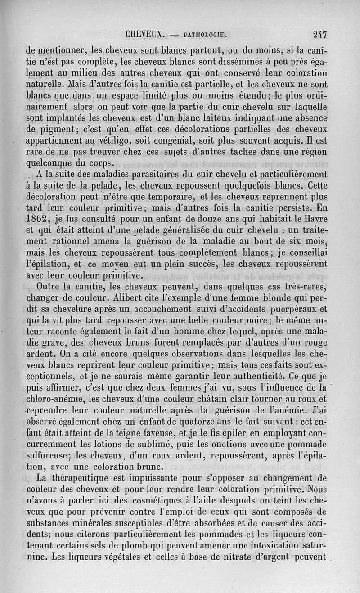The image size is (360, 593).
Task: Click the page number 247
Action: coord(320,34)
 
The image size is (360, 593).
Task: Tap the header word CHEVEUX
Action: coord(147,34)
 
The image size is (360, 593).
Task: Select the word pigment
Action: coord(63,130)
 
